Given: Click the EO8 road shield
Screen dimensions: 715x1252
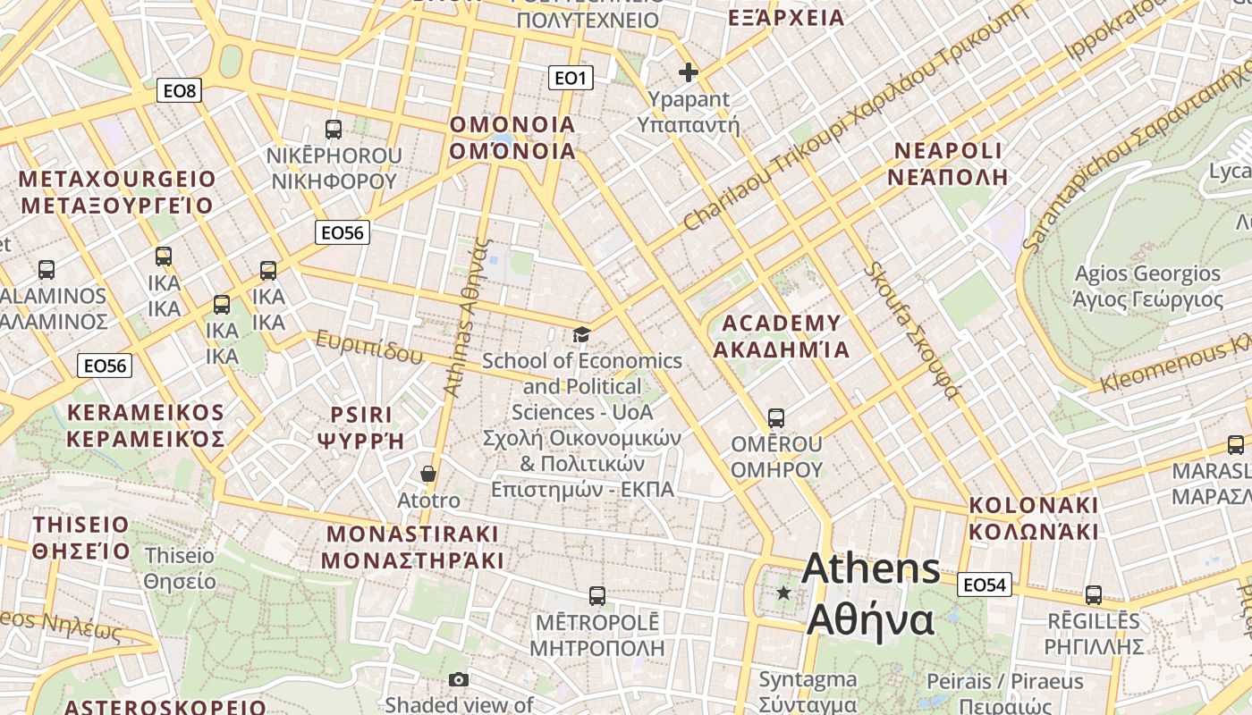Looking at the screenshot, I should point(181,90).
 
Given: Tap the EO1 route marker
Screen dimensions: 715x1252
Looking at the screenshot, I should point(570,79).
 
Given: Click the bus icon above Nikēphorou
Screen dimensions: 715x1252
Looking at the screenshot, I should point(334,130).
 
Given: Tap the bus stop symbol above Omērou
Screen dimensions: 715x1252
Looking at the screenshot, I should point(776,418).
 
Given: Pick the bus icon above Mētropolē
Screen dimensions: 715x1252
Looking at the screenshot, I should point(597,595).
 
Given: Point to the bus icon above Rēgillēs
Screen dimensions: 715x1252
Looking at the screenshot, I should point(1094,595).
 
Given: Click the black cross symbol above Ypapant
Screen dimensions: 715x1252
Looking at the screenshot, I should point(688,72).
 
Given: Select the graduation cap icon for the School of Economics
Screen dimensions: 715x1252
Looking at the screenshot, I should point(581,335).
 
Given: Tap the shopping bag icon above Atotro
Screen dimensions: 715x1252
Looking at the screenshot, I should point(428,473).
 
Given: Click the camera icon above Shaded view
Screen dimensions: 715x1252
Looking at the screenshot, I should point(459,680).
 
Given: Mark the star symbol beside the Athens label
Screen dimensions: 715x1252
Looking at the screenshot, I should point(783,593).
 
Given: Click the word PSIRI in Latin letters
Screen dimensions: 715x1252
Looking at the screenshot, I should point(361,415).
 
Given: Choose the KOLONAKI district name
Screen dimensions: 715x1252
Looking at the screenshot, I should point(1033,505).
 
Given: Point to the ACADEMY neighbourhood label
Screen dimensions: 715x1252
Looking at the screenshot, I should point(781,323).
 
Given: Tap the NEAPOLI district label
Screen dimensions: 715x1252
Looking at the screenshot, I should point(948,150).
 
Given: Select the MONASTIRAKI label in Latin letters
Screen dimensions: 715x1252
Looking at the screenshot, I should point(412,534).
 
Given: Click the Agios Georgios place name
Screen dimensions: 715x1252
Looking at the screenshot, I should point(1147,273).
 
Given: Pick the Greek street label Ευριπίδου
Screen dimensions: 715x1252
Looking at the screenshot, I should point(368,348).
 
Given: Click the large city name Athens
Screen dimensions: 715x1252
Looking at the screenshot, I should point(871,569).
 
